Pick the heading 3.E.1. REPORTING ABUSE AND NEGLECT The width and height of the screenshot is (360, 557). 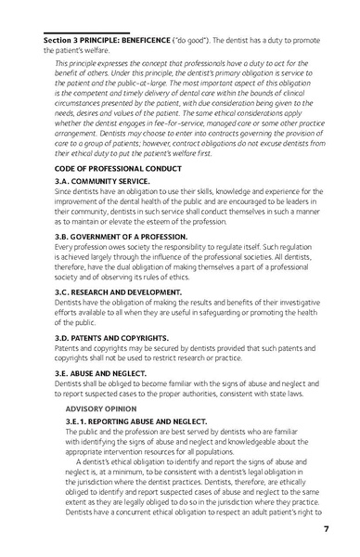(x=135, y=421)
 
